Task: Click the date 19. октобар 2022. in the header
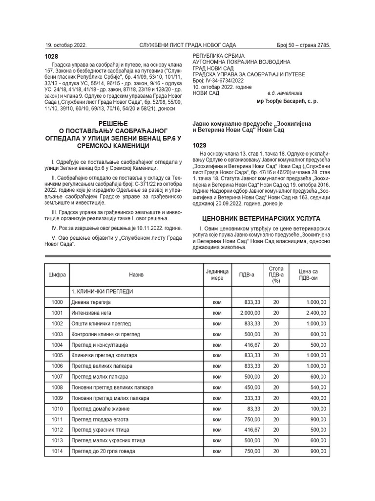pos(66,45)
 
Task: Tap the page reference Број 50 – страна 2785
pos(303,45)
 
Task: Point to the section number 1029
pos(200,145)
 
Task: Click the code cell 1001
pos(57,313)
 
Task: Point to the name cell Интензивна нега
pos(93,313)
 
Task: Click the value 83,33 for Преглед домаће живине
pos(253,409)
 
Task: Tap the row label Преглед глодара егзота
pos(100,419)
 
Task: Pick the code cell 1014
pos(57,451)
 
